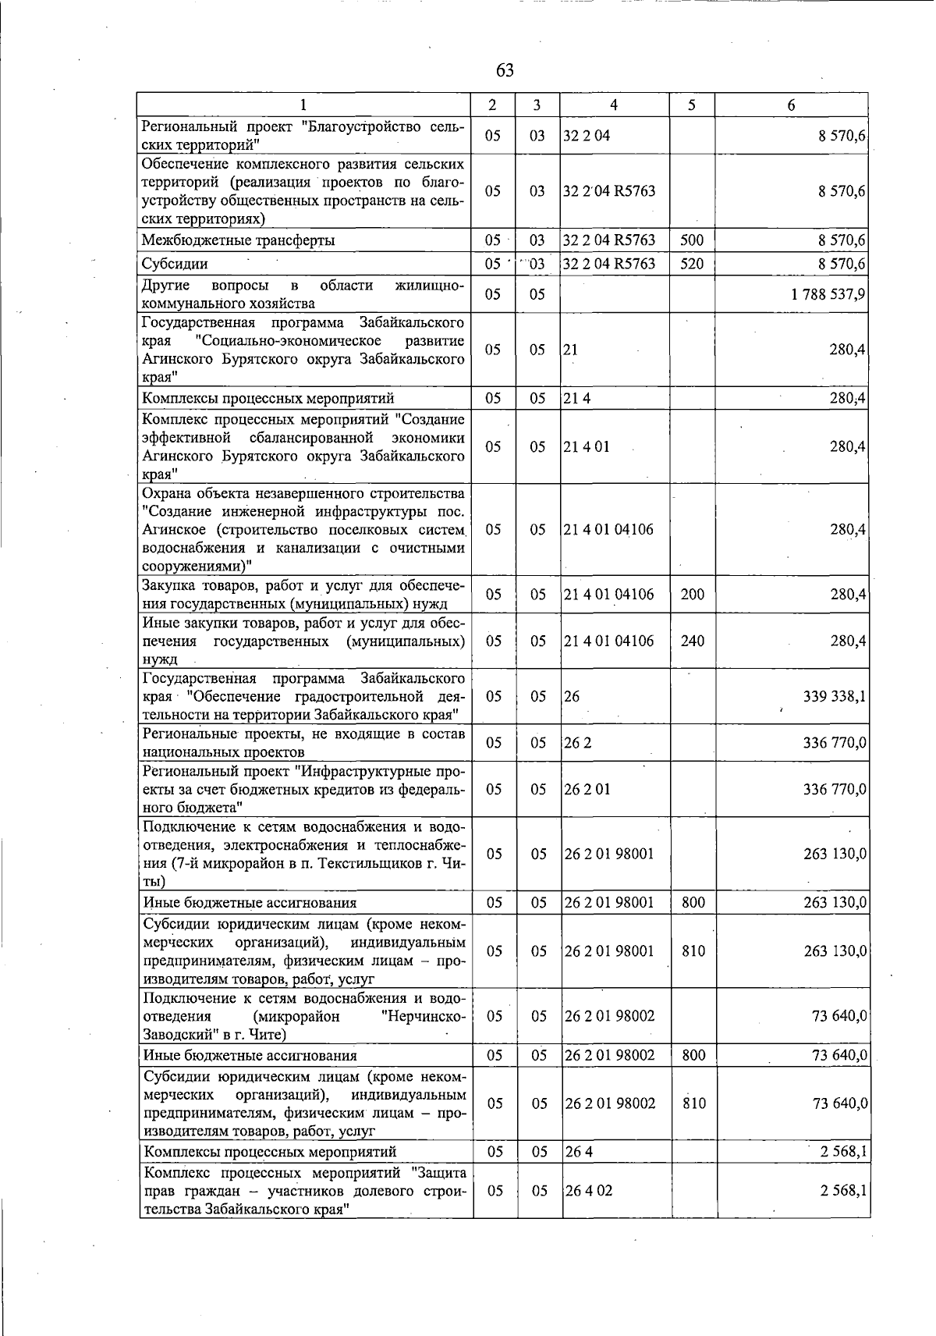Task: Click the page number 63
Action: pos(505,71)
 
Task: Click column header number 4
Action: pos(614,105)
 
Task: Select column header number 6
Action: pos(791,105)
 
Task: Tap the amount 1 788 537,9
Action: pos(826,294)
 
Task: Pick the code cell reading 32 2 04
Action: pos(587,136)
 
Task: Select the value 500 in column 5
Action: pos(691,240)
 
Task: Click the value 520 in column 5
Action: pos(691,264)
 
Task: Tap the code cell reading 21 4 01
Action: pos(587,447)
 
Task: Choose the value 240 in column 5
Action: pos(692,641)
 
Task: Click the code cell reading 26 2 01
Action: pos(588,790)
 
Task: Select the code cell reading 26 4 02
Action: pos(589,1191)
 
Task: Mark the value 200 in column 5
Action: pos(692,595)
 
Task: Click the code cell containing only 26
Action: pos(573,696)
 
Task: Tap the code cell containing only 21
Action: pos(571,350)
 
